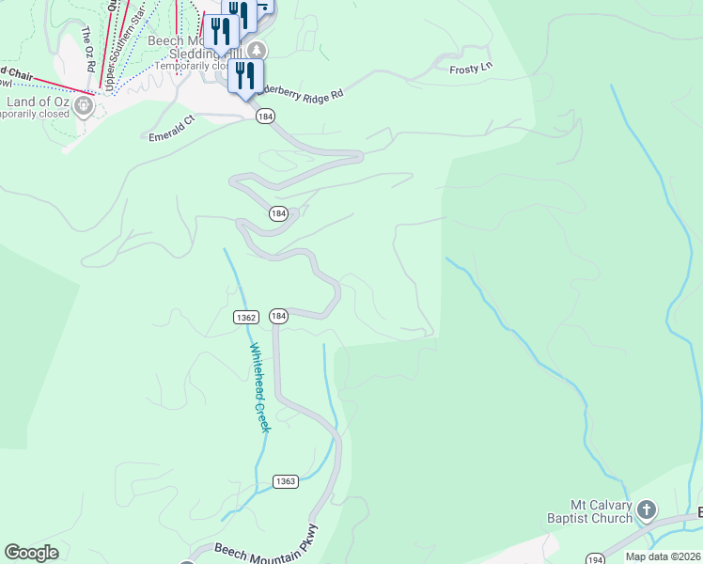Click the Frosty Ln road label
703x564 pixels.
coord(471,68)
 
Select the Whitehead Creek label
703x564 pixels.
coord(259,387)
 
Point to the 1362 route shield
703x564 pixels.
coord(246,318)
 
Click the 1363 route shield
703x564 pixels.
coord(287,481)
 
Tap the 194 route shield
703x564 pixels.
coord(594,558)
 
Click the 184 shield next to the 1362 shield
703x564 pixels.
coord(277,316)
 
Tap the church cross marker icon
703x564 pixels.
coord(646,510)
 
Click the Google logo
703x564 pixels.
coord(31,553)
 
